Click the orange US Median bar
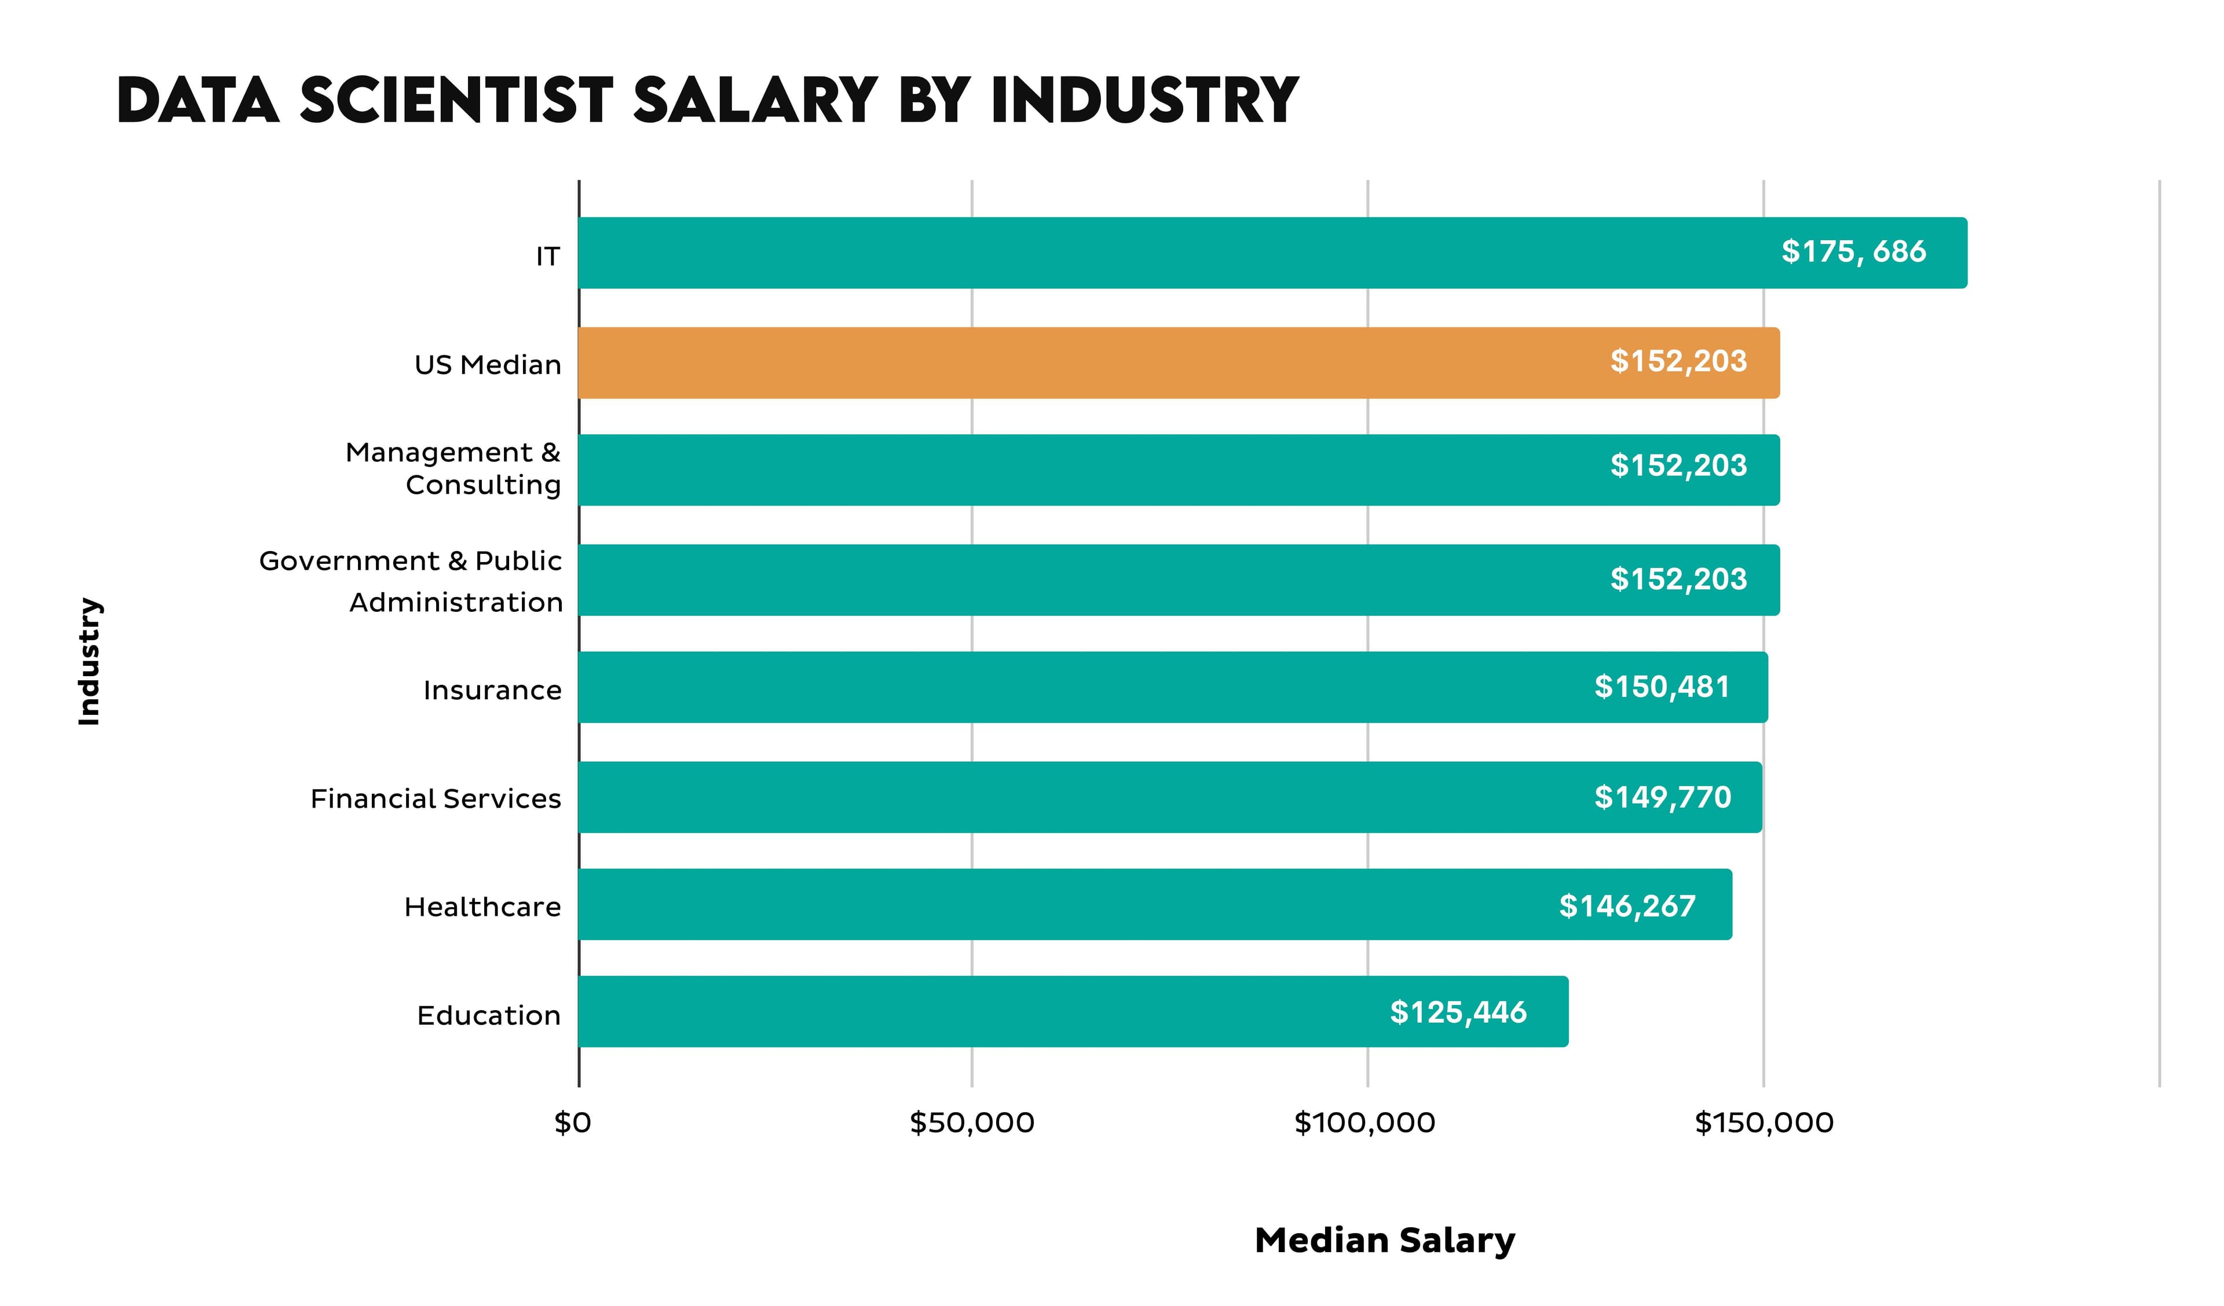[1178, 362]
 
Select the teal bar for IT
[1271, 252]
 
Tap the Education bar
[1072, 1011]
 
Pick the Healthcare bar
[1154, 904]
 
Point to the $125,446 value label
[1457, 1012]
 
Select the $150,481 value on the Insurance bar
[1661, 687]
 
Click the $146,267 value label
[1626, 905]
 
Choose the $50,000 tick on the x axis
[972, 1122]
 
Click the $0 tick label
[573, 1122]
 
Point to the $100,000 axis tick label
[1365, 1122]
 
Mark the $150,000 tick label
[1764, 1122]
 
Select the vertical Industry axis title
[89, 661]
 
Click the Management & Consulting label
[453, 468]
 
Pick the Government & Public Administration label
[411, 582]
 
